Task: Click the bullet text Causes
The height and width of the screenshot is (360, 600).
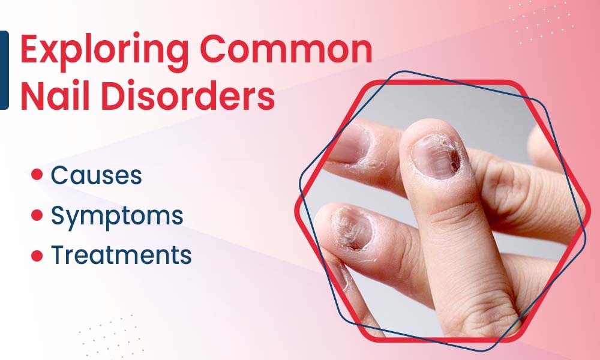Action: coord(96,175)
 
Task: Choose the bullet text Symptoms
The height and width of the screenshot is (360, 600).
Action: coord(117,215)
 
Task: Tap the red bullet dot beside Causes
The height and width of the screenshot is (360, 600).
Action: coord(37,175)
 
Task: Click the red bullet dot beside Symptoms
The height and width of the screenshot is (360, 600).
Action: coord(37,214)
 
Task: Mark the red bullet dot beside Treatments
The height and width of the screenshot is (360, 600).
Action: coord(37,254)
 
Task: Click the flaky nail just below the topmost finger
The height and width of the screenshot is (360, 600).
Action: coord(354,228)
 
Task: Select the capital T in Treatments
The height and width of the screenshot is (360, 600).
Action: coord(58,254)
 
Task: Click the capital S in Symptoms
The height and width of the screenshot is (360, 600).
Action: coord(58,215)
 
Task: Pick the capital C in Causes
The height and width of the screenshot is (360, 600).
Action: coord(60,175)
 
